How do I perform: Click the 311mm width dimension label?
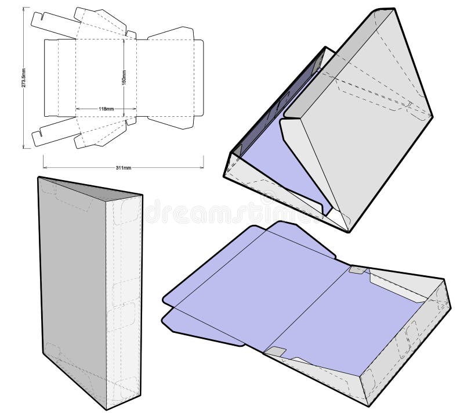pos(123,168)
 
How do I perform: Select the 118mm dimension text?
pos(105,109)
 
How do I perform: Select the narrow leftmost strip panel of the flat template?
pos(51,78)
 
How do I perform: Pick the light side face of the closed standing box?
pos(124,302)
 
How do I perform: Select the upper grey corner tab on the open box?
pos(358,271)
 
